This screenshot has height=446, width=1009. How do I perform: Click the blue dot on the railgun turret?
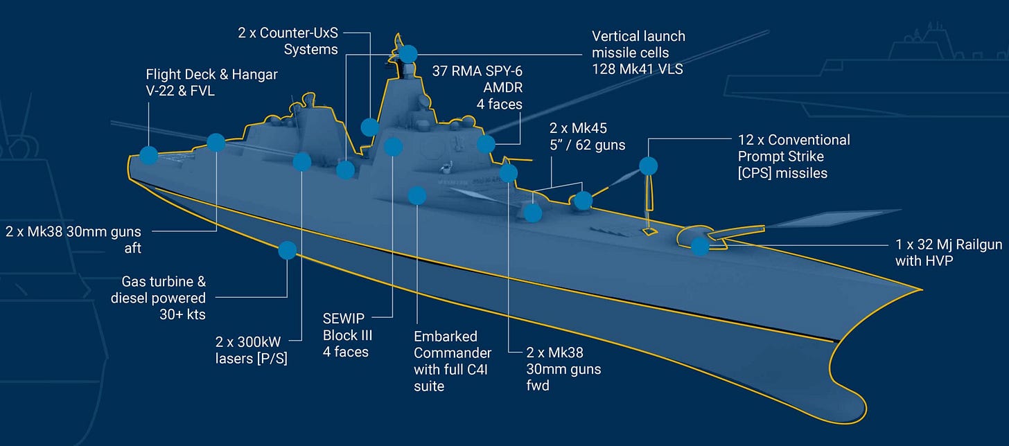point(700,246)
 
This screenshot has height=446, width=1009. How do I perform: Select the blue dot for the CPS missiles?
point(648,166)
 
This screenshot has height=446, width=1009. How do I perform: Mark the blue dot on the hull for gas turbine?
point(287,250)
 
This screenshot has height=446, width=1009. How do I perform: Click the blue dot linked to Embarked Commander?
point(416,196)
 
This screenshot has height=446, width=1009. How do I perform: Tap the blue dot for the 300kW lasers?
point(302,162)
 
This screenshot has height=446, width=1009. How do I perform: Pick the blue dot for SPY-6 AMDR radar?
point(486,144)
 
